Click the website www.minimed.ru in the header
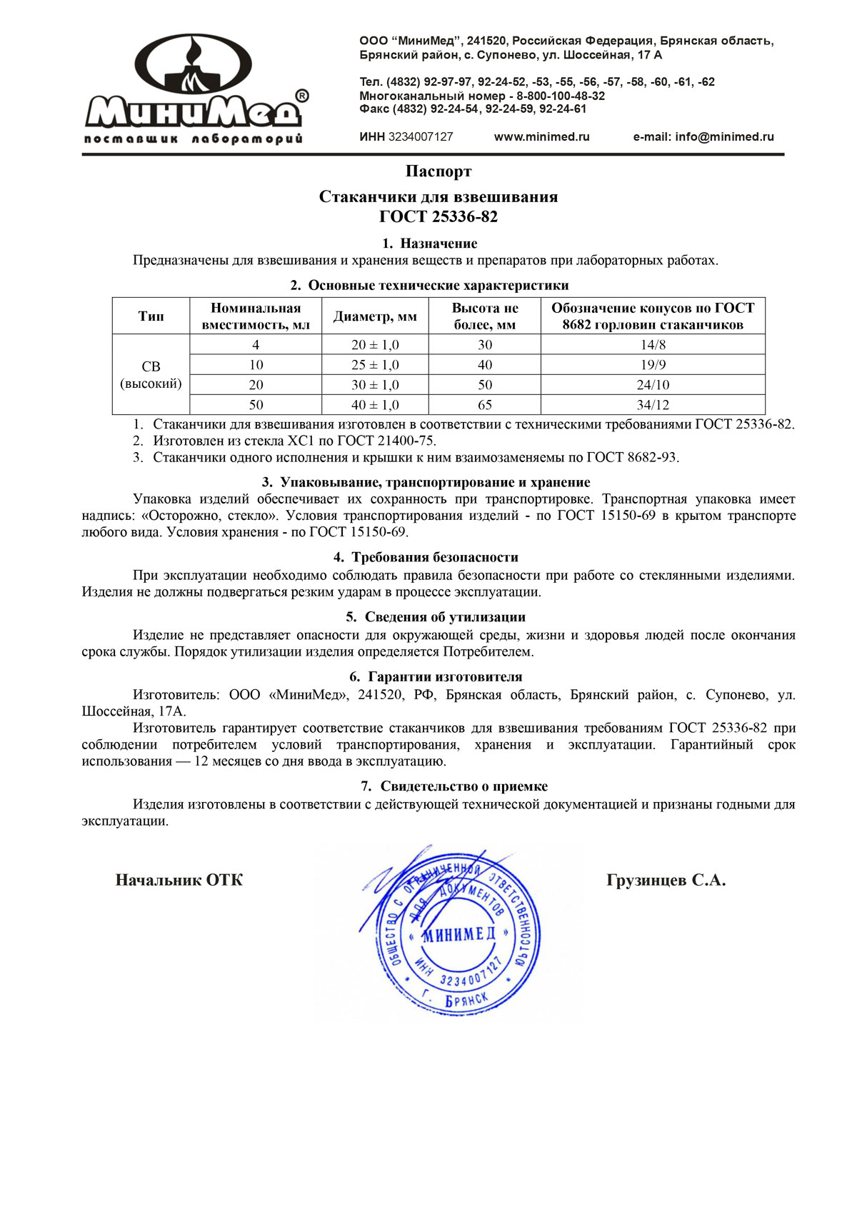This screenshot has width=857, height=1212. (x=541, y=137)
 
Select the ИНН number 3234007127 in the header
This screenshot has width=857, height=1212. (x=421, y=137)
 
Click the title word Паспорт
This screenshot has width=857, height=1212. (x=438, y=171)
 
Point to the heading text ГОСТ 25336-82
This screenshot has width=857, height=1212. (x=438, y=216)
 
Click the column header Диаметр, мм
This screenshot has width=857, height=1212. (x=375, y=316)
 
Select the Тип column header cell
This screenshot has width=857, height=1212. (x=151, y=316)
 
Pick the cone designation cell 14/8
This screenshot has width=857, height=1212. (x=653, y=345)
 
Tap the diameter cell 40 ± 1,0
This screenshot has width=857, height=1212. (x=375, y=405)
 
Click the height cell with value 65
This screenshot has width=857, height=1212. (x=485, y=405)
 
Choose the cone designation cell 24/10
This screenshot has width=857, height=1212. (x=653, y=385)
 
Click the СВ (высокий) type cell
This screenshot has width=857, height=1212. (x=151, y=375)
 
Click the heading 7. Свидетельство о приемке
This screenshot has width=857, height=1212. (x=454, y=786)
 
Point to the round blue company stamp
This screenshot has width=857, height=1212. (x=457, y=928)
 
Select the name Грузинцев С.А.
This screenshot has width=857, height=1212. (x=666, y=880)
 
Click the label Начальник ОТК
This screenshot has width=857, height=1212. (x=179, y=880)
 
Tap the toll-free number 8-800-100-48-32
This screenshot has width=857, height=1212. (x=561, y=96)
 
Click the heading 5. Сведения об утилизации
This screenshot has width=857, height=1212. (x=436, y=617)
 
